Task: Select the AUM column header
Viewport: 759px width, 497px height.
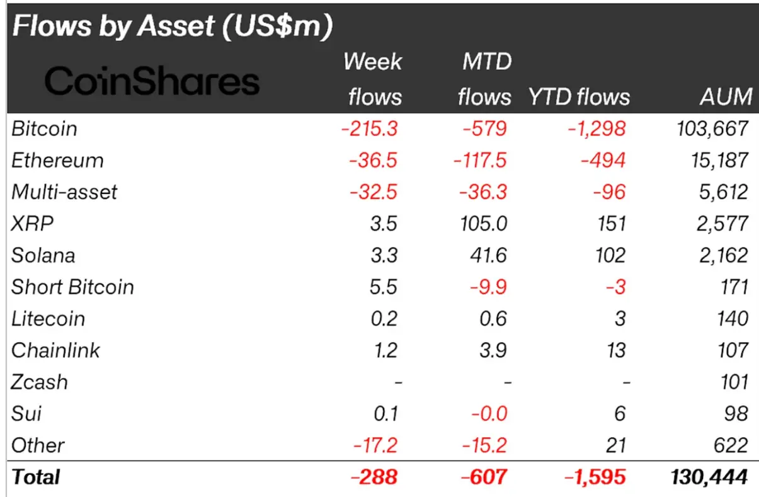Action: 725,96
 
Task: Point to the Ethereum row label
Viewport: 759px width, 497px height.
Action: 57,161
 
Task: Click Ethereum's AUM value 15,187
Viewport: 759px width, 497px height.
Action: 717,161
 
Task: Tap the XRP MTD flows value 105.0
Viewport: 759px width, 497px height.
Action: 482,224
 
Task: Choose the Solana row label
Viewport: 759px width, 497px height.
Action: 43,255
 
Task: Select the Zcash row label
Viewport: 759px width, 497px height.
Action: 40,382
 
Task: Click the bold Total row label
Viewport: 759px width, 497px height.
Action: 36,477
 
